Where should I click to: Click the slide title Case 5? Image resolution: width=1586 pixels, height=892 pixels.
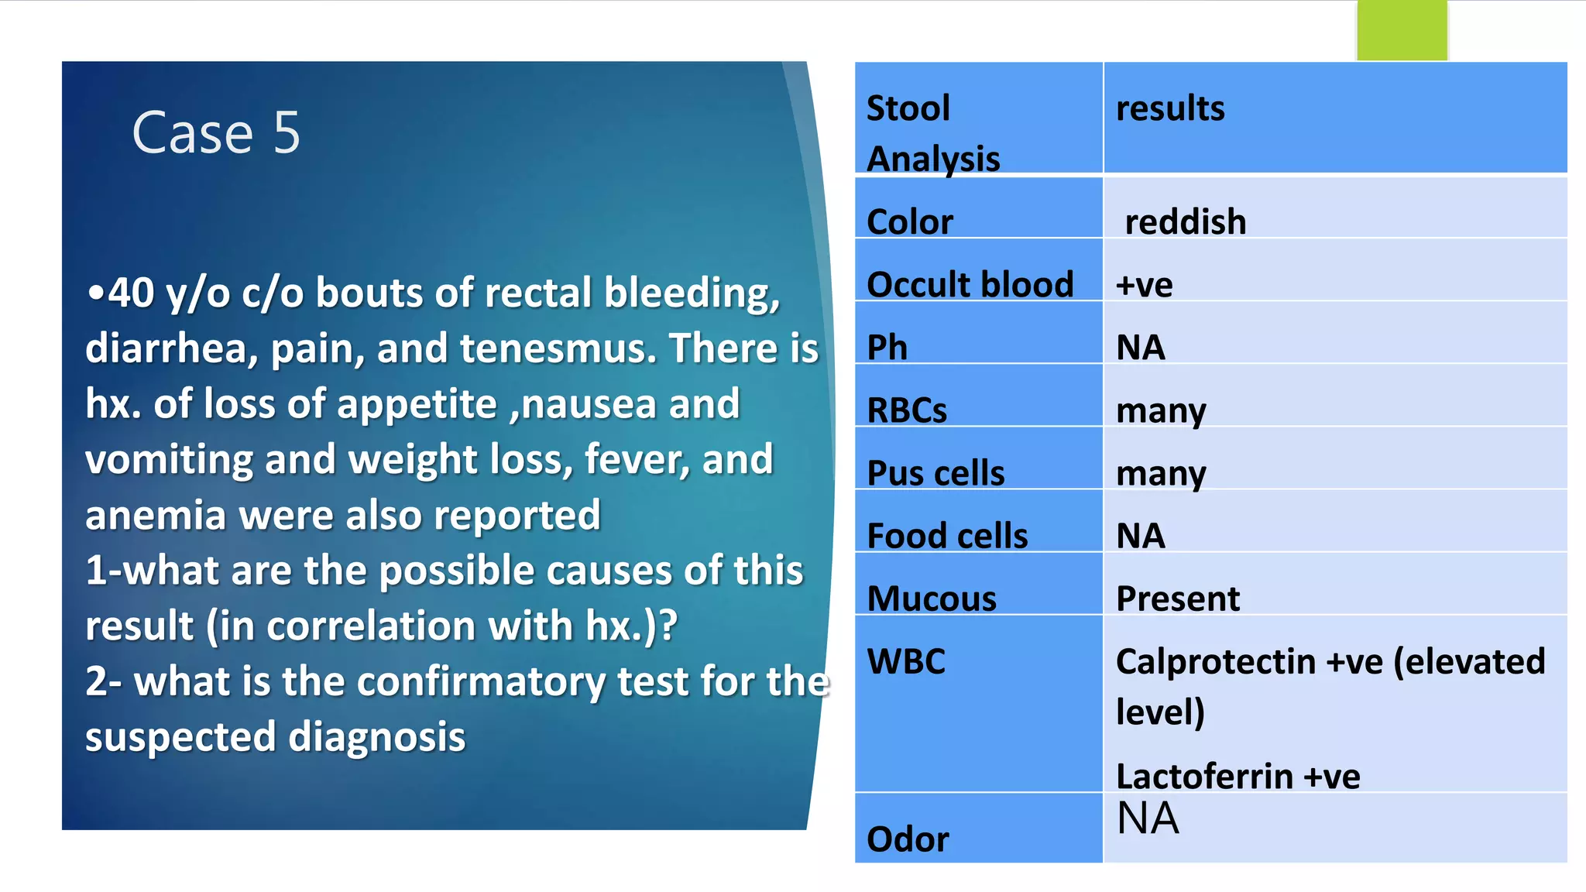[x=216, y=132]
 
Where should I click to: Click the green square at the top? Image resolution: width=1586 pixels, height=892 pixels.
[x=1401, y=31]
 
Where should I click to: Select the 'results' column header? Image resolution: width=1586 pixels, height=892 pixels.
[x=1169, y=108]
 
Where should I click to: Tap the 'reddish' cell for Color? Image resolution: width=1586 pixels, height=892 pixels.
[x=1185, y=222]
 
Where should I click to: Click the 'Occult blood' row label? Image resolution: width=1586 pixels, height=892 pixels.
[x=970, y=284]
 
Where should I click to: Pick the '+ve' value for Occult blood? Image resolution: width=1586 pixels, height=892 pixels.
[x=1144, y=285]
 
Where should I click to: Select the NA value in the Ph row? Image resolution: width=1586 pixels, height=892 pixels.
[x=1140, y=348]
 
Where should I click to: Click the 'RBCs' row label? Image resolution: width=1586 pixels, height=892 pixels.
[x=906, y=410]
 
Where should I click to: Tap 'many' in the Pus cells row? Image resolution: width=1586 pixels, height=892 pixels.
[x=1160, y=473]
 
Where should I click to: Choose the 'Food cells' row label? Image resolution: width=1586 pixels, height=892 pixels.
[x=947, y=536]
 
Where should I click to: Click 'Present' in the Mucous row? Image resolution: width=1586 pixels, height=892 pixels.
[x=1177, y=599]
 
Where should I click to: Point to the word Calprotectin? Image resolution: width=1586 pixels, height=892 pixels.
[x=1215, y=662]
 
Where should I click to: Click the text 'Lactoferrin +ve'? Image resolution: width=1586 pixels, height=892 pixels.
[x=1237, y=776]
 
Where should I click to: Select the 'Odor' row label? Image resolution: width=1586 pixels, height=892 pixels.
[x=907, y=839]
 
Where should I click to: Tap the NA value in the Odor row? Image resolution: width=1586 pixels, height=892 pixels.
[x=1147, y=818]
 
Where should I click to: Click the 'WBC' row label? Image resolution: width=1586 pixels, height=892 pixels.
[x=905, y=662]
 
